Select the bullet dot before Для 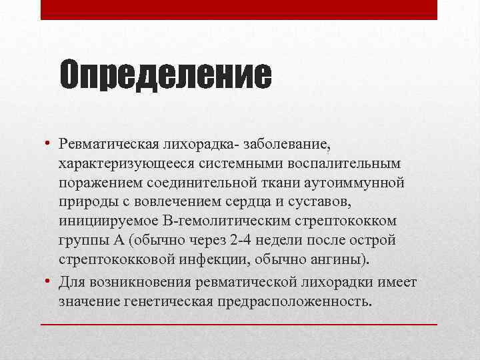(x=48, y=282)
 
